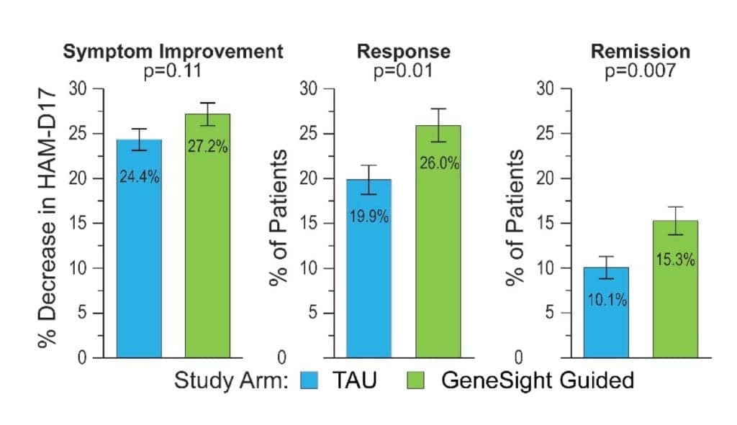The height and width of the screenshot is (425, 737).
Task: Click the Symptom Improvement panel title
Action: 173,52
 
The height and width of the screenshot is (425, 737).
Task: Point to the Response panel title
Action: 404,52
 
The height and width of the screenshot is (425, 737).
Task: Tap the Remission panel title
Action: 640,52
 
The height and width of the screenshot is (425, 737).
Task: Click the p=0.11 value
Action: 173,71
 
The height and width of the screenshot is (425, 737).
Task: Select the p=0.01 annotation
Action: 404,71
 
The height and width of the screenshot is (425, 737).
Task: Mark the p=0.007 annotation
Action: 640,71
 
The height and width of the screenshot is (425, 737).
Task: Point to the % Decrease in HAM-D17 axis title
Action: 50,223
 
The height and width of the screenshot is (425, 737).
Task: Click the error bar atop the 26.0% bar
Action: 438,124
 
